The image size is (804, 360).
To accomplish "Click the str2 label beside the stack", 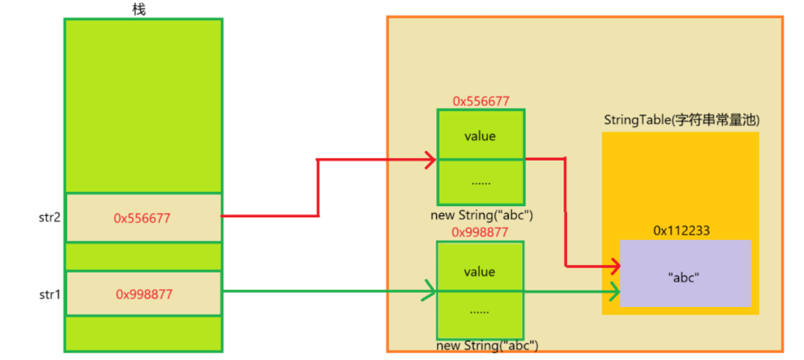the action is [x=50, y=217].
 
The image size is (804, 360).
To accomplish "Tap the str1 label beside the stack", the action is [x=50, y=294].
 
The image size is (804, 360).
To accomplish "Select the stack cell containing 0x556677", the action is [x=143, y=217].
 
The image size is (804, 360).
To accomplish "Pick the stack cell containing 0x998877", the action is [x=143, y=294].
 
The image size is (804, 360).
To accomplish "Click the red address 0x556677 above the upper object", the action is [x=481, y=101].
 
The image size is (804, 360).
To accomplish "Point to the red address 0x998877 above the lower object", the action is [x=480, y=232].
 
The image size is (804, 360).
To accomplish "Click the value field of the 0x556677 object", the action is [x=480, y=136].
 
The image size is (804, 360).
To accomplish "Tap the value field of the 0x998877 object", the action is [x=480, y=270].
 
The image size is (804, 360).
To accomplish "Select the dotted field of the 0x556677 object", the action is [x=480, y=182].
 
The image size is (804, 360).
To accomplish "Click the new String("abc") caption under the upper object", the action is [x=482, y=214].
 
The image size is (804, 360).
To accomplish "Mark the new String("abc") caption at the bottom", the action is [x=487, y=345].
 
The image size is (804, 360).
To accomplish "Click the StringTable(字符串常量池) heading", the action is [x=681, y=121].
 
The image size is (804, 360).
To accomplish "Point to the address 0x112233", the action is [x=681, y=231].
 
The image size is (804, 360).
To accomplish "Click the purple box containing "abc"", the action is [x=685, y=273].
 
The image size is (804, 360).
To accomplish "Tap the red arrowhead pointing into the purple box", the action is [x=613, y=267].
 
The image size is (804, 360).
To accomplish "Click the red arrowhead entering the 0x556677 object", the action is [x=430, y=160].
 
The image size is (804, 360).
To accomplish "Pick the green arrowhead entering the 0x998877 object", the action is [x=430, y=292].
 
